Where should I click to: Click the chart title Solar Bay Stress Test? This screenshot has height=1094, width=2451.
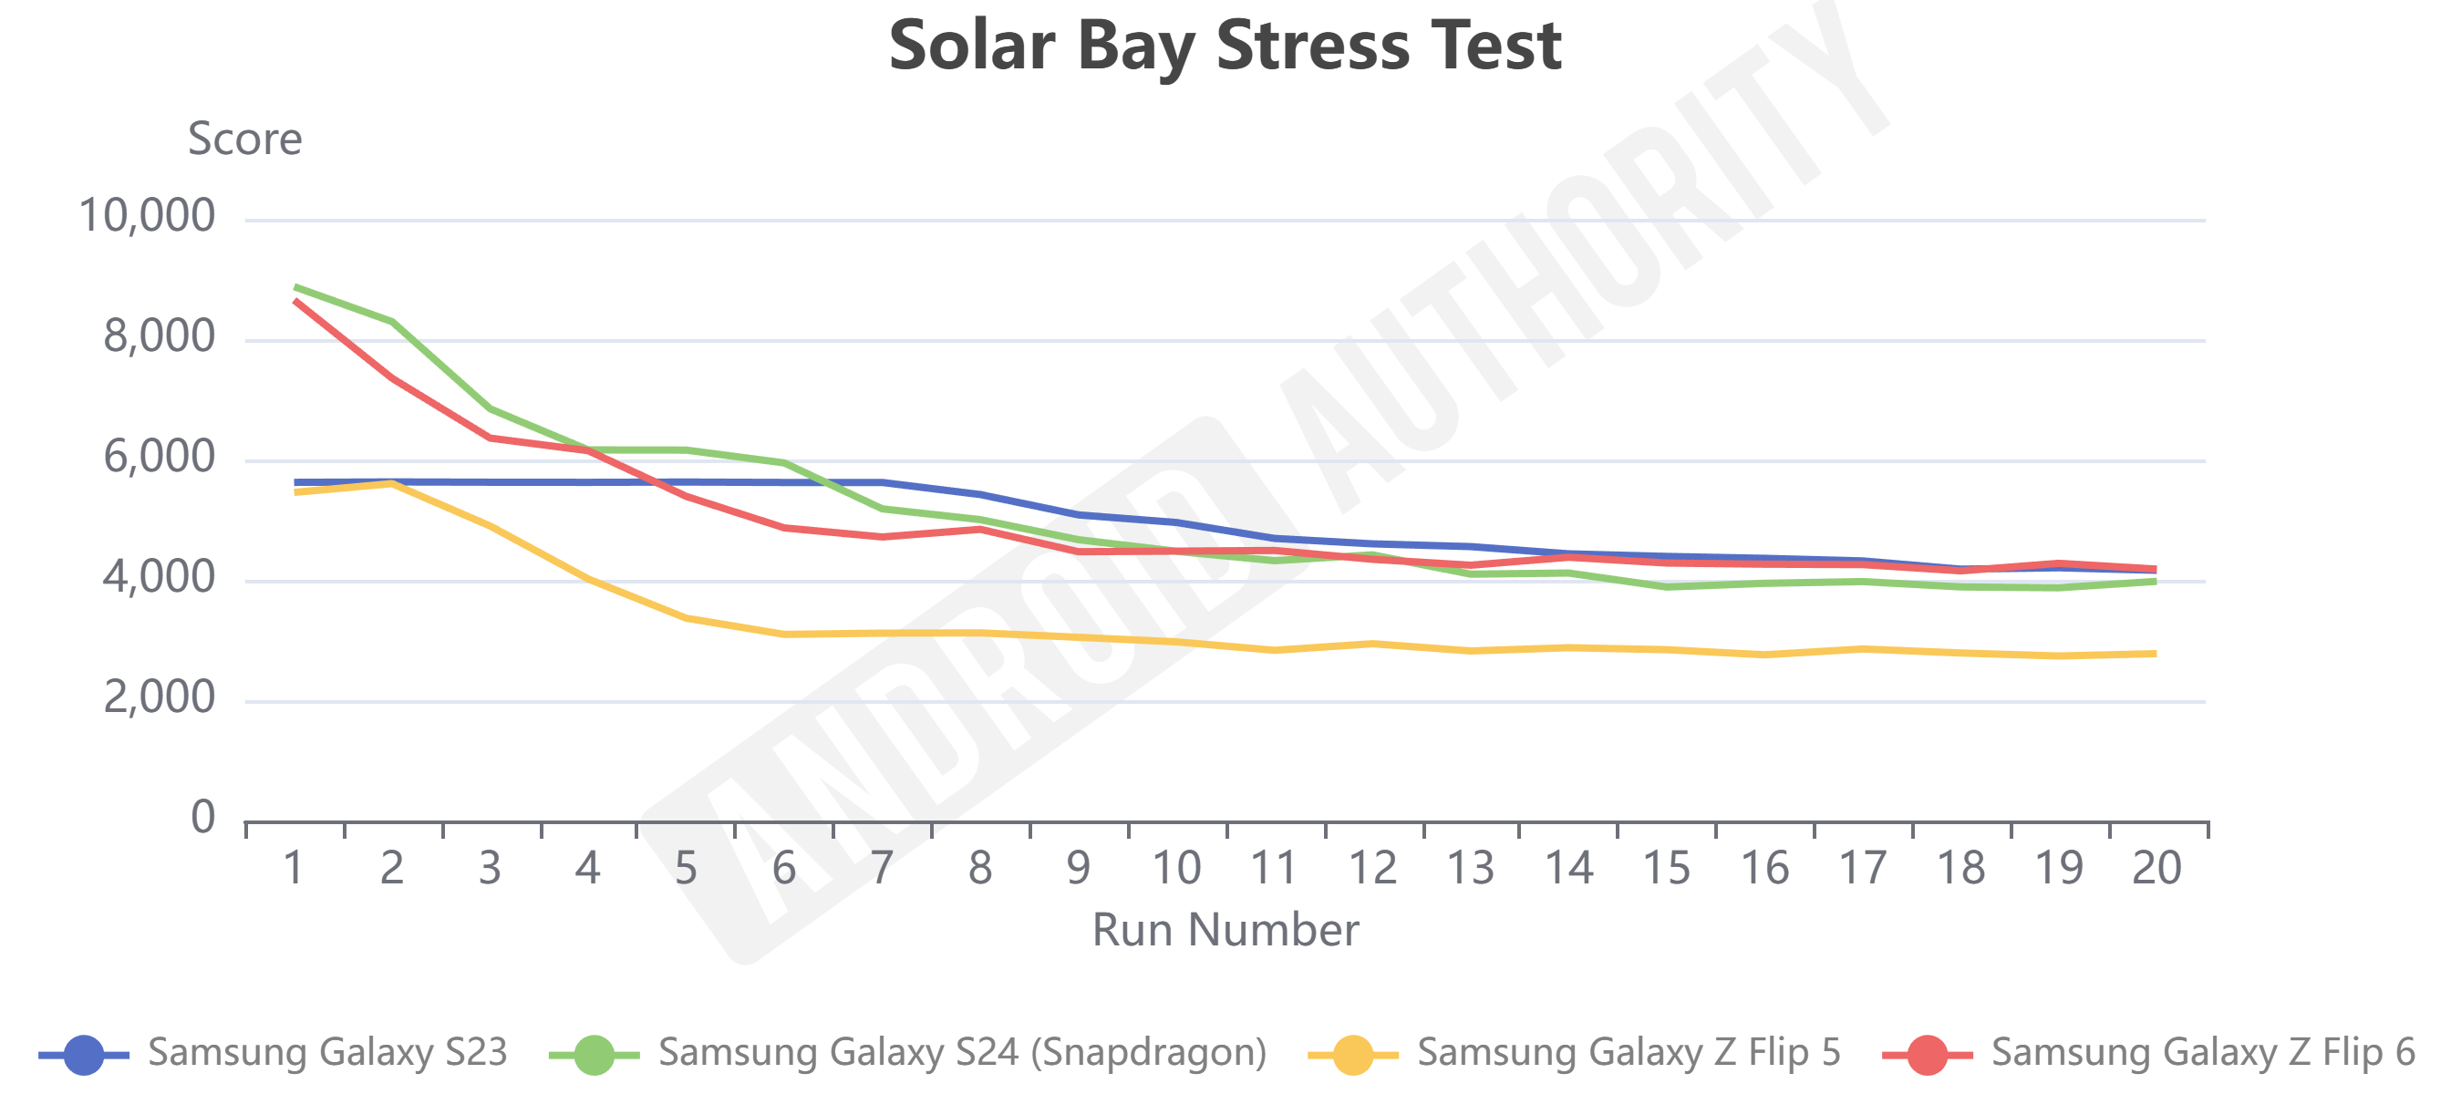(x=1225, y=46)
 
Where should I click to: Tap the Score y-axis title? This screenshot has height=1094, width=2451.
(x=244, y=139)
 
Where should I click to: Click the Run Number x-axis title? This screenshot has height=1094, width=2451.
(x=1225, y=929)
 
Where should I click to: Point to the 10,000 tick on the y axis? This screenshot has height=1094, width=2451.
(x=147, y=216)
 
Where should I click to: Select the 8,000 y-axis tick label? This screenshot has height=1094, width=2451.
(x=159, y=336)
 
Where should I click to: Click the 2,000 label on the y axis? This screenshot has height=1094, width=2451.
(x=159, y=698)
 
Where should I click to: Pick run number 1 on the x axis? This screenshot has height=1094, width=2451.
(x=294, y=868)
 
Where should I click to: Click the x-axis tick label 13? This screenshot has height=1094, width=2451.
(x=1470, y=868)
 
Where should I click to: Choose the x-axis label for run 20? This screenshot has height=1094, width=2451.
(x=2156, y=868)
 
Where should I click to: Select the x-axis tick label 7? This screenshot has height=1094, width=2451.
(x=882, y=868)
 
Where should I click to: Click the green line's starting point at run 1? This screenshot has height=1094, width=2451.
(x=297, y=286)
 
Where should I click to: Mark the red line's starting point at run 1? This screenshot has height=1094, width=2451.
(x=297, y=301)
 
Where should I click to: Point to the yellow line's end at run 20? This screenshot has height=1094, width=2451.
(x=2154, y=654)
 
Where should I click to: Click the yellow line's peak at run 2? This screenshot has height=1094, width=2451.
(x=392, y=483)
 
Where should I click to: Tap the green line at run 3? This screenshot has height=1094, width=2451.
(x=490, y=408)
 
